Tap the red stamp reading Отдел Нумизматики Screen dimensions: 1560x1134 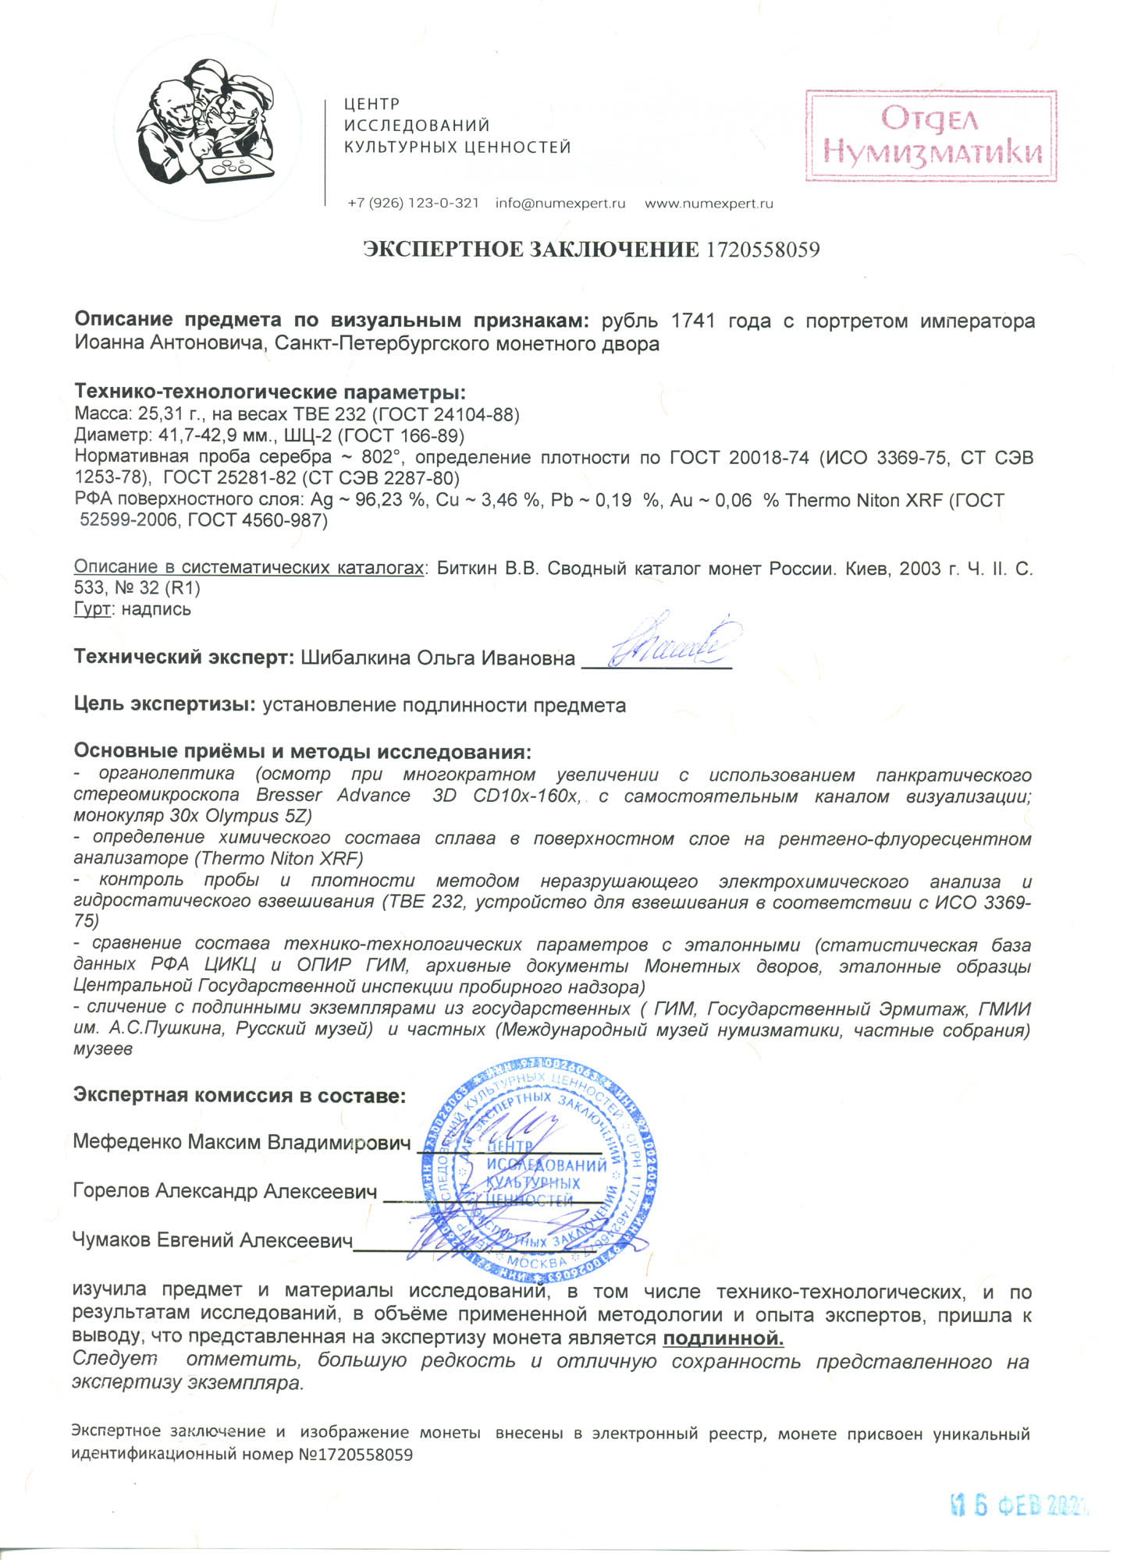click(x=931, y=136)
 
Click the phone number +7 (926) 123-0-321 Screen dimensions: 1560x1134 click(x=413, y=204)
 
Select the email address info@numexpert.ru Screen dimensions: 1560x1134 click(x=560, y=204)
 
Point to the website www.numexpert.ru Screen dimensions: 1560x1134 click(x=709, y=204)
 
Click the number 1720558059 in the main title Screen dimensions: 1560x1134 click(x=763, y=250)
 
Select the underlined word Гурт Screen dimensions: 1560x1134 click(x=91, y=609)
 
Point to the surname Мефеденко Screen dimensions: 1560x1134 click(x=126, y=1142)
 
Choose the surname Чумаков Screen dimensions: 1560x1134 click(x=112, y=1239)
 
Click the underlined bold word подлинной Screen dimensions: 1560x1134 click(x=723, y=1339)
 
